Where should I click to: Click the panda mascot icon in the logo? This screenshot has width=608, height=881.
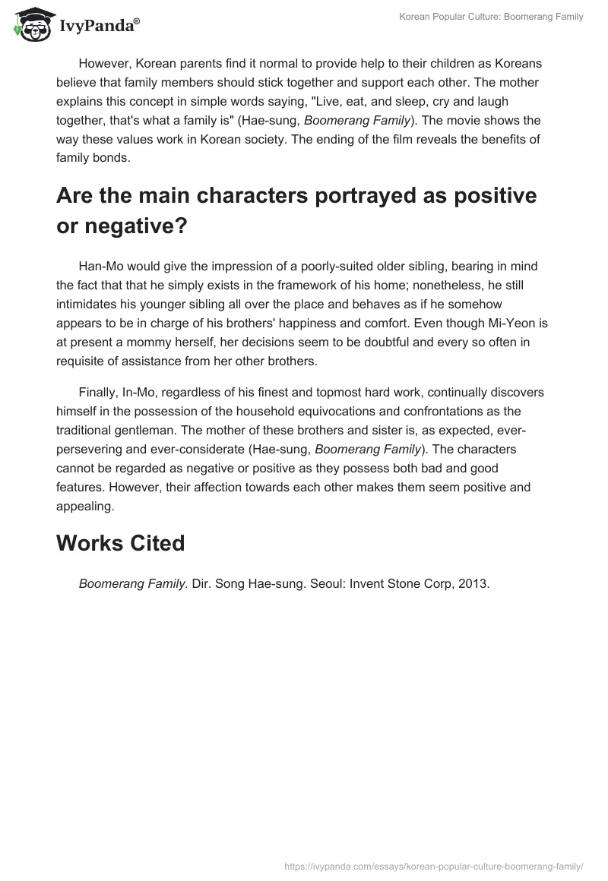point(29,25)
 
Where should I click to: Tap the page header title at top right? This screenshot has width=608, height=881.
point(491,17)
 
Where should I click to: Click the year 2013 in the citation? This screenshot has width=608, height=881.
point(472,584)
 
